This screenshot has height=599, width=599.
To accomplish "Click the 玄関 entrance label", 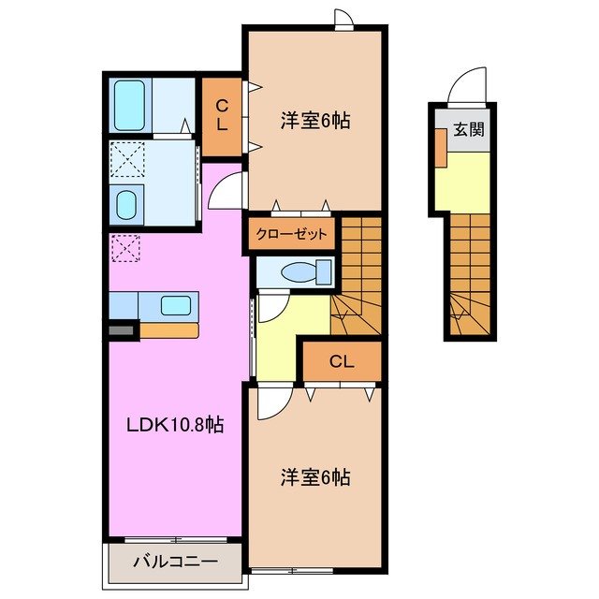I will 469,130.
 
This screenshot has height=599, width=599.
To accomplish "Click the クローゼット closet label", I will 293,234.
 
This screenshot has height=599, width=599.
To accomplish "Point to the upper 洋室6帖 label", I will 315,121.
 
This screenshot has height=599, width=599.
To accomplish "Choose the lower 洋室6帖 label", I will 315,477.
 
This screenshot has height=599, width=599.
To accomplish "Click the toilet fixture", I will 306,271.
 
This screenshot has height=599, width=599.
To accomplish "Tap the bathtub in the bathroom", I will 128,106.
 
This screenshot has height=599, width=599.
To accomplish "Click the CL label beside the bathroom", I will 222,115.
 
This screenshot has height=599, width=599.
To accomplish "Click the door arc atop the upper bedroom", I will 343,19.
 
